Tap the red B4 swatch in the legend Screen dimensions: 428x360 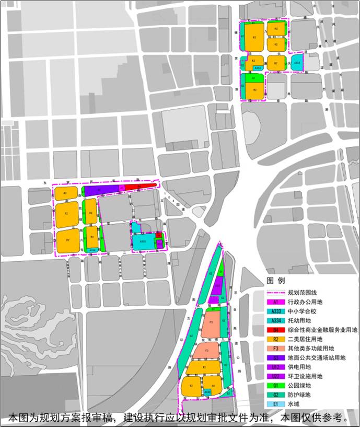coord(275,330)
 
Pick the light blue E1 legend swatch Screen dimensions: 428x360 coord(275,404)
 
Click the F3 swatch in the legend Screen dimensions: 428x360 coord(275,349)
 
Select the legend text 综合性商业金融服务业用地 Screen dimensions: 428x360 coord(322,330)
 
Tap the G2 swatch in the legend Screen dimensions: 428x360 coord(275,395)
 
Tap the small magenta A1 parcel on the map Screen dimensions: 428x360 coord(122,188)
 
